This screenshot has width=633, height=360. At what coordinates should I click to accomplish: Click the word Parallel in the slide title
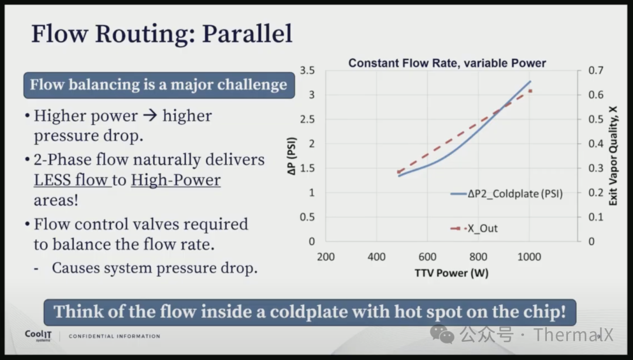[247, 33]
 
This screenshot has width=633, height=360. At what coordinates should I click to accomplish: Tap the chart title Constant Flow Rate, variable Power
[447, 63]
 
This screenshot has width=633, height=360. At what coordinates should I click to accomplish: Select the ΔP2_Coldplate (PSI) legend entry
[506, 194]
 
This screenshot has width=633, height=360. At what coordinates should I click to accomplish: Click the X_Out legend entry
[474, 229]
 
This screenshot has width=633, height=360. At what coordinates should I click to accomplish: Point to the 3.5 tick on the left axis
[307, 70]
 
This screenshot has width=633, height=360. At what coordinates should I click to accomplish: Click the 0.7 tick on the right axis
[596, 70]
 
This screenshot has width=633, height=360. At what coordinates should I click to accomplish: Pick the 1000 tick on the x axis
[529, 257]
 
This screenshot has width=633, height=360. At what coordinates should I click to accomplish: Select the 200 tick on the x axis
[326, 257]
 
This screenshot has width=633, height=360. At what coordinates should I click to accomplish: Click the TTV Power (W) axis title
[451, 273]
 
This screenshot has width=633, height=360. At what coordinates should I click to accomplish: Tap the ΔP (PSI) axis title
[291, 156]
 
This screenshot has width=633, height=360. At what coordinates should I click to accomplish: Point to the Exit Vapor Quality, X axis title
[613, 156]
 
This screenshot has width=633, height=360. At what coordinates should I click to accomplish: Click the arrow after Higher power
[150, 116]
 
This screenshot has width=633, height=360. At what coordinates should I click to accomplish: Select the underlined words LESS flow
[71, 180]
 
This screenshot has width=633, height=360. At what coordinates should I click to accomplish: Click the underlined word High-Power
[176, 180]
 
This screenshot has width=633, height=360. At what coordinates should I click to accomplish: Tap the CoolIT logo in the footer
[38, 335]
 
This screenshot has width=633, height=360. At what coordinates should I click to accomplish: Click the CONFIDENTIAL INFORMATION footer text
[115, 336]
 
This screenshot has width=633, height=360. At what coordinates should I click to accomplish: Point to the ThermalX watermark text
[573, 335]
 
